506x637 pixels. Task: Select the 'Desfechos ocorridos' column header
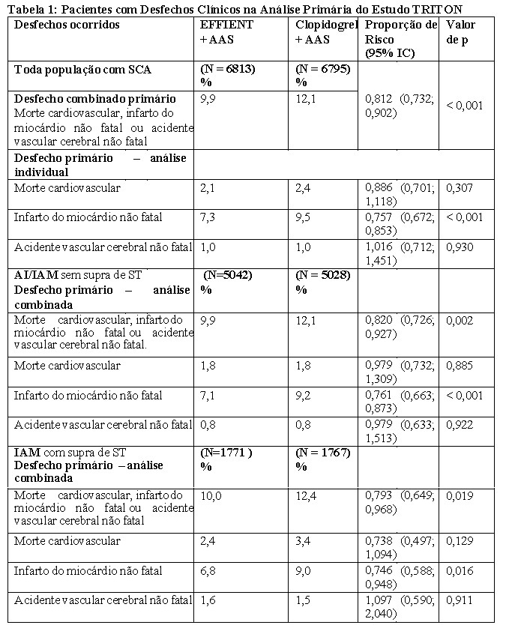(x=67, y=25)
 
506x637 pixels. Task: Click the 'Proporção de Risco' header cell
(x=400, y=38)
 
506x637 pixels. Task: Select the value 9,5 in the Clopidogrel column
(x=304, y=217)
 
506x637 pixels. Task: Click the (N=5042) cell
(x=229, y=275)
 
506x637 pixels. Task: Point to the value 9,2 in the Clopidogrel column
(x=304, y=395)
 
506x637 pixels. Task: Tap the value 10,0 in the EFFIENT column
(x=212, y=496)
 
